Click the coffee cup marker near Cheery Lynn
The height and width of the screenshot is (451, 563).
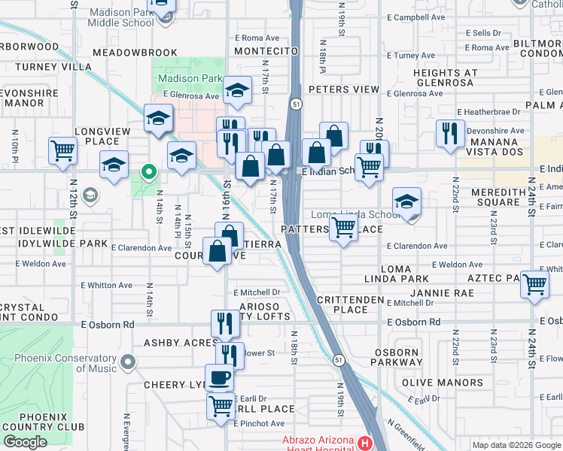click(x=220, y=377)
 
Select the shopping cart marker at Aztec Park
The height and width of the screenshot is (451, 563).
click(x=534, y=284)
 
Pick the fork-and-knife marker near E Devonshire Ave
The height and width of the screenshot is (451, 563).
click(x=450, y=133)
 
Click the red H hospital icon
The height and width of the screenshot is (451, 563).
click(x=366, y=443)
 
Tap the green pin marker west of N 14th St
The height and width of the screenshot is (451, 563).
click(x=149, y=174)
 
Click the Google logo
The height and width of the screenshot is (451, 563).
click(x=26, y=442)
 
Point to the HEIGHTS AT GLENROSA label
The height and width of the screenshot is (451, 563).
click(x=445, y=78)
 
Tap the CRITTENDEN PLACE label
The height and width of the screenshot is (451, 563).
click(x=350, y=304)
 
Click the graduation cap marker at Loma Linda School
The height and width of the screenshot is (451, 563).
click(x=406, y=201)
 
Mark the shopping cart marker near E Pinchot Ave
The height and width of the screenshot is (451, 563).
click(x=221, y=406)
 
